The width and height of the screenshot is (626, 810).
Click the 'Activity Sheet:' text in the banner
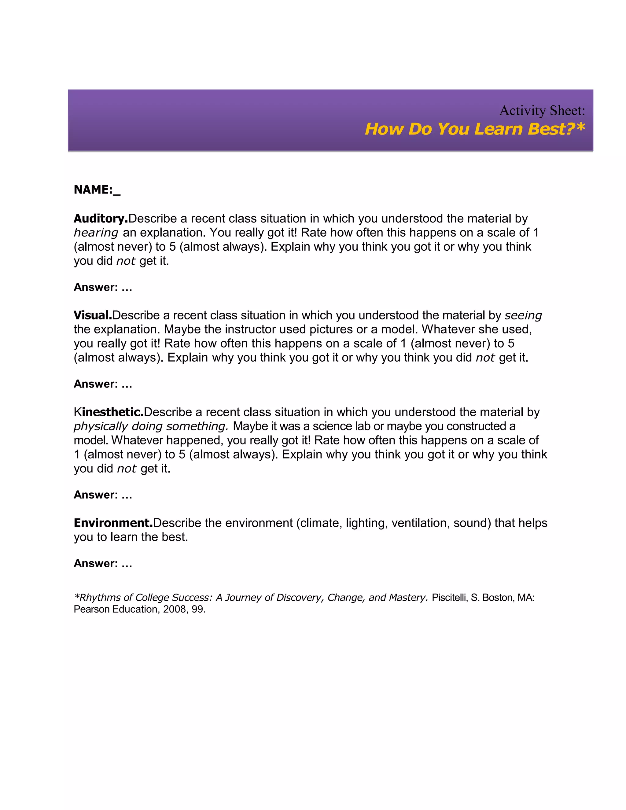click(x=542, y=111)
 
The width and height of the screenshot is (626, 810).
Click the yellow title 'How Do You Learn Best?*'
click(x=475, y=129)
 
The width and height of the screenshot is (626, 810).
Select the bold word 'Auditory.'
click(x=101, y=219)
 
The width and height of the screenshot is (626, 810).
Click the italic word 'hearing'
click(x=96, y=233)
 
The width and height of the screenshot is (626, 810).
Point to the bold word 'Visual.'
click(x=93, y=315)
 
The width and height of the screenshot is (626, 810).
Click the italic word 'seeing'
click(x=523, y=315)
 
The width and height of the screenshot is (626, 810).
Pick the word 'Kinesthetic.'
click(x=109, y=412)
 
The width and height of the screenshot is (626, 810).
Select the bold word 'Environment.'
click(x=113, y=523)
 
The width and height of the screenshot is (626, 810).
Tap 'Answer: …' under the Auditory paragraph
click(x=103, y=287)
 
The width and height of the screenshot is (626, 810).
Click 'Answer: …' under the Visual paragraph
click(x=103, y=384)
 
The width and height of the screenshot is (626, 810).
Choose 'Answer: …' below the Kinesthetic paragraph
click(x=103, y=495)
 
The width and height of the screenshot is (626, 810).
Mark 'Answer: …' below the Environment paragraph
click(x=103, y=563)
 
